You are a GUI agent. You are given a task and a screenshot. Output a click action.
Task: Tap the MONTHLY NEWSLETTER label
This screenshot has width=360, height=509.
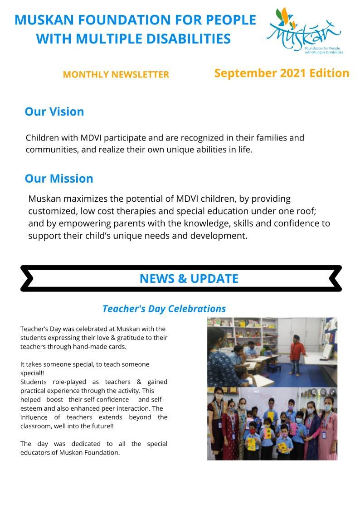click(x=116, y=75)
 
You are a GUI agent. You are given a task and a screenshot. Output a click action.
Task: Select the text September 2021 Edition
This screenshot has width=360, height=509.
click(x=282, y=73)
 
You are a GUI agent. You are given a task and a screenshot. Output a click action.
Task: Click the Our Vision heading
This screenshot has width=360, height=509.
click(x=54, y=112)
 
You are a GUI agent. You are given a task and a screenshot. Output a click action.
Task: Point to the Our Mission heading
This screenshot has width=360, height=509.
click(x=59, y=179)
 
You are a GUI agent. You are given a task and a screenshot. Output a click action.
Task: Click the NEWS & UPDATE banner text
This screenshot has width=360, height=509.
click(x=189, y=278)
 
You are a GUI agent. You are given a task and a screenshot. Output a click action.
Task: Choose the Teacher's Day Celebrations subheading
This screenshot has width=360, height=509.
click(x=164, y=309)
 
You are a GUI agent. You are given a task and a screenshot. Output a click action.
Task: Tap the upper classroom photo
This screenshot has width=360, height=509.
click(x=272, y=352)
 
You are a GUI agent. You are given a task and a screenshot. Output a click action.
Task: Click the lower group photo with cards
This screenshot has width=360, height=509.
click(x=272, y=423)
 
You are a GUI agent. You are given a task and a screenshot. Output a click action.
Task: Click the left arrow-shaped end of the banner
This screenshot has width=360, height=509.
click(x=27, y=278)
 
